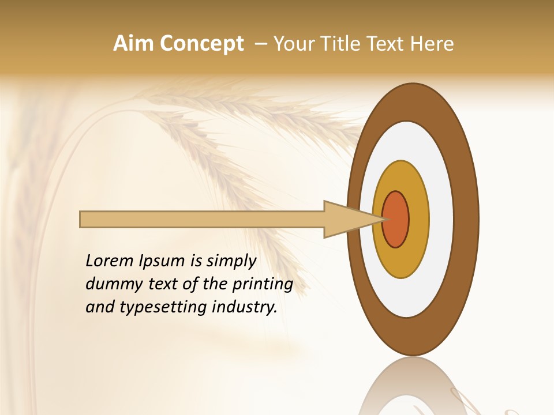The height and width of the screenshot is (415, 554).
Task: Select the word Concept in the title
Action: [202, 44]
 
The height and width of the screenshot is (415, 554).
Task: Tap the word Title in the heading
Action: [342, 44]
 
